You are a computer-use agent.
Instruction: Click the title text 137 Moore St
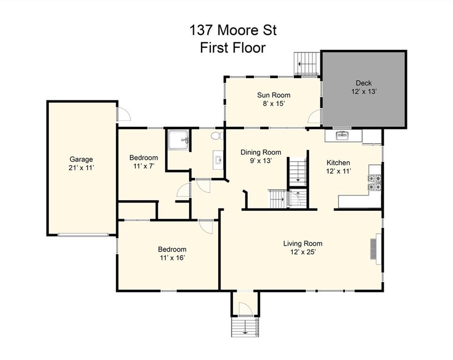click(x=233, y=30)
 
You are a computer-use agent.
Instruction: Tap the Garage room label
click(x=81, y=159)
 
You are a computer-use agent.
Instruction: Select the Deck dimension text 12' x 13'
click(x=364, y=92)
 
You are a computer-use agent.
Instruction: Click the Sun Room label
click(x=274, y=95)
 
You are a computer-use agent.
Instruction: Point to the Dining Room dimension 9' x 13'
click(x=261, y=160)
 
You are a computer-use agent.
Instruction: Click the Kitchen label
click(x=338, y=163)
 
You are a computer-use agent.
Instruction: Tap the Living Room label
click(x=303, y=243)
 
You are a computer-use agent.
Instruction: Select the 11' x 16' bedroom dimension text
click(x=172, y=258)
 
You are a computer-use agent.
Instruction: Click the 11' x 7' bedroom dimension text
click(x=144, y=166)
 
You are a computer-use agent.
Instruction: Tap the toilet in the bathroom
click(x=217, y=135)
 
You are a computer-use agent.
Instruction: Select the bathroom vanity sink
click(x=218, y=160)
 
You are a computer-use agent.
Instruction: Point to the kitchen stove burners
click(x=374, y=183)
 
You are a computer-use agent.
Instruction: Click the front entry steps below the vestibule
click(x=245, y=327)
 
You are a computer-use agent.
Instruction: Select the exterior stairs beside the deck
click(x=307, y=64)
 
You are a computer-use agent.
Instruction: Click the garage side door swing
click(x=124, y=114)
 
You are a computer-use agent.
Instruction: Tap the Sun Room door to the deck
click(x=315, y=117)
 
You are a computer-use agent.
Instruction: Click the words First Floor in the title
click(x=233, y=48)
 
